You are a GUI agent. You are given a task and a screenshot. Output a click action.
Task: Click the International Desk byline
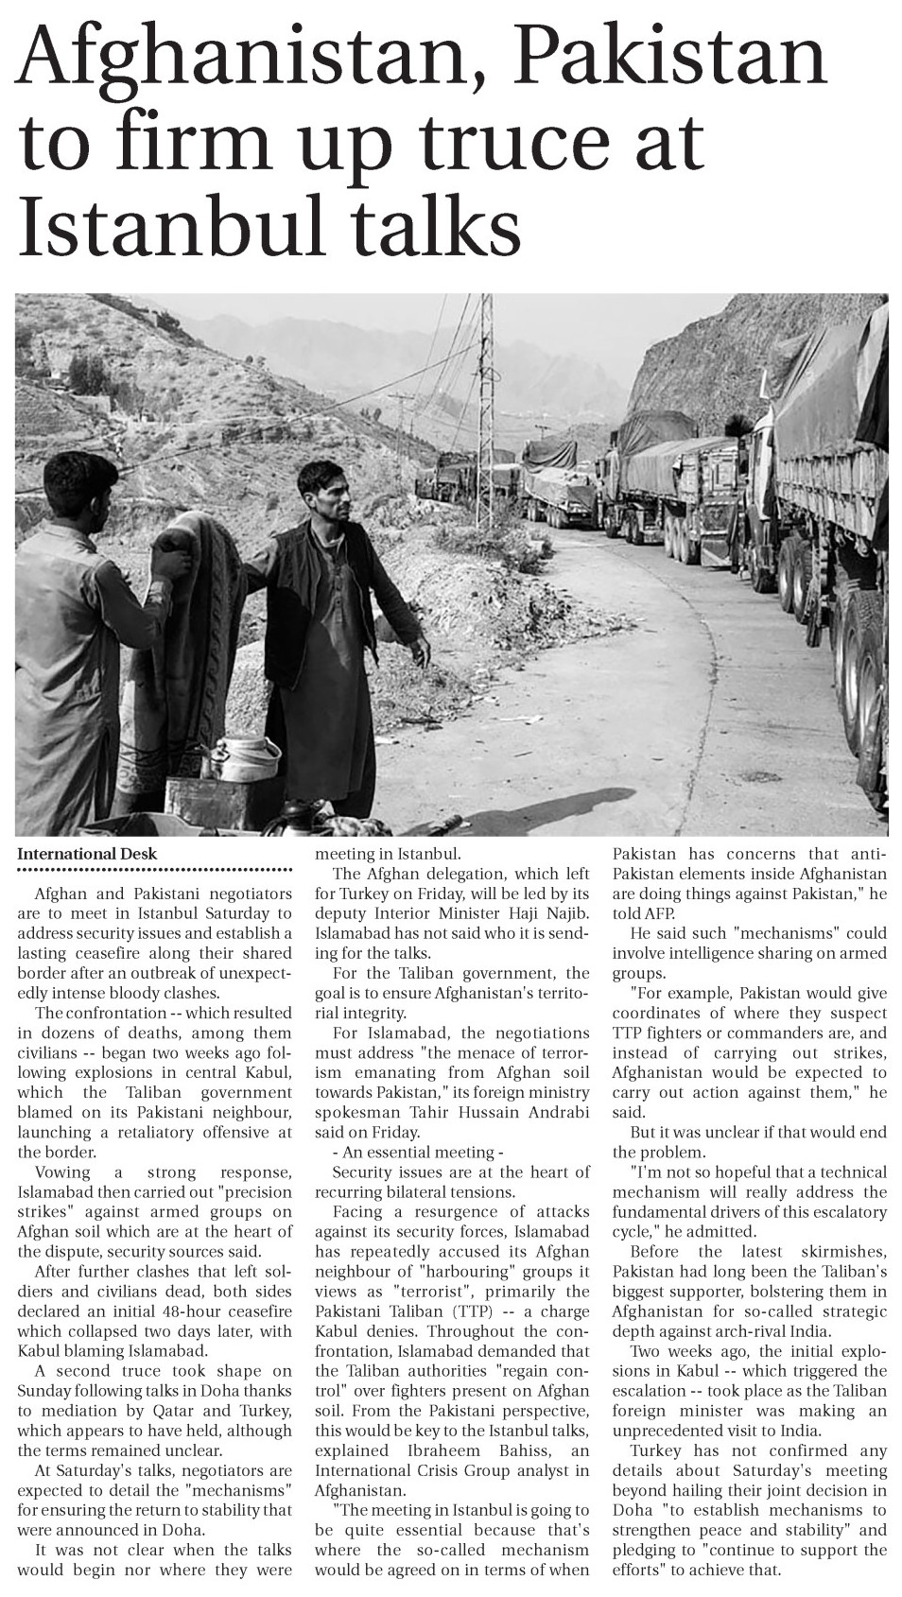coord(87,854)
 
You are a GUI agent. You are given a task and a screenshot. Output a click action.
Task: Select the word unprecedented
coord(669,1431)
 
